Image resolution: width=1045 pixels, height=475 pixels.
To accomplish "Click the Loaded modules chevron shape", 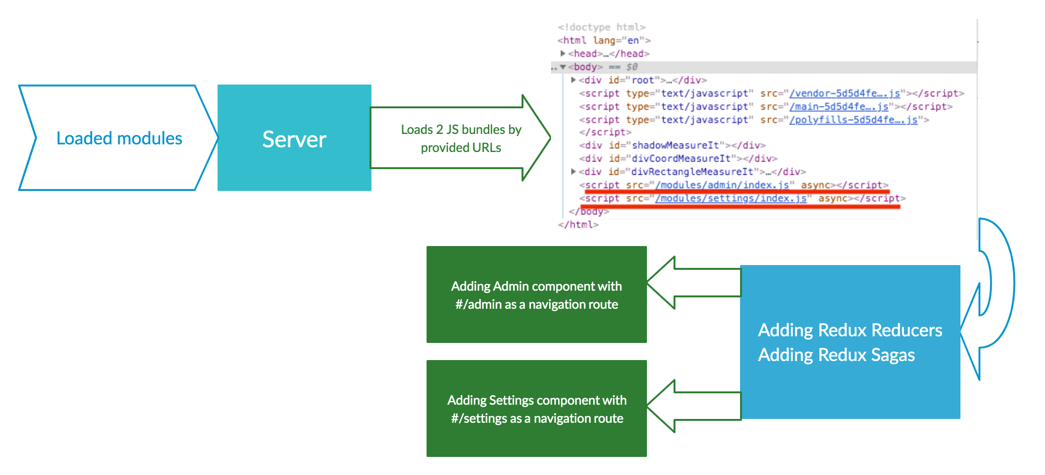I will pyautogui.click(x=119, y=138).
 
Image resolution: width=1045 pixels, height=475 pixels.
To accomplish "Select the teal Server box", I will pyautogui.click(x=294, y=138).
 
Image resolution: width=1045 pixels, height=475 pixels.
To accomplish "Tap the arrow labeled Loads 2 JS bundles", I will pyautogui.click(x=461, y=138).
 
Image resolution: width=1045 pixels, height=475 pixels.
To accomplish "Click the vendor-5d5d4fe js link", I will pyautogui.click(x=844, y=94).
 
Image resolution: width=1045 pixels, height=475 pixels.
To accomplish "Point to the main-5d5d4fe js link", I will pyautogui.click(x=838, y=107).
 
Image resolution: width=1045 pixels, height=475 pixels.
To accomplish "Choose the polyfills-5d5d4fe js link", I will pyautogui.click(x=853, y=120).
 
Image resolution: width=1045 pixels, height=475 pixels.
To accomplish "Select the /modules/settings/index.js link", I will pyautogui.click(x=731, y=198).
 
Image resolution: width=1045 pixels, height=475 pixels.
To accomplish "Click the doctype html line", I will pyautogui.click(x=601, y=27).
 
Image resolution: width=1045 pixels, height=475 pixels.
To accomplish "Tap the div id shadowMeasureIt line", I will pyautogui.click(x=672, y=145).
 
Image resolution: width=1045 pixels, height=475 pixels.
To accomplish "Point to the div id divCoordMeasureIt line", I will pyautogui.click(x=678, y=159).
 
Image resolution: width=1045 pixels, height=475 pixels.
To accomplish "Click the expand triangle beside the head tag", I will pyautogui.click(x=563, y=54).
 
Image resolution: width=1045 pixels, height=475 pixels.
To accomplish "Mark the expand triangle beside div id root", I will pyautogui.click(x=573, y=80).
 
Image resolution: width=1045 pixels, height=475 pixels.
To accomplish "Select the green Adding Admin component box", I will pyautogui.click(x=537, y=294).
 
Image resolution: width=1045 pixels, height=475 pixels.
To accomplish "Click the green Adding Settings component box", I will pyautogui.click(x=537, y=408).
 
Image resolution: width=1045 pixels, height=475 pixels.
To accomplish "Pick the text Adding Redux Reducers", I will pyautogui.click(x=850, y=330).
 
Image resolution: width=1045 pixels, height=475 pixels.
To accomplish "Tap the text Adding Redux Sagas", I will pyautogui.click(x=836, y=355).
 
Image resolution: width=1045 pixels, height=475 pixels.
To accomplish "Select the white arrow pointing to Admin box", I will pyautogui.click(x=693, y=283).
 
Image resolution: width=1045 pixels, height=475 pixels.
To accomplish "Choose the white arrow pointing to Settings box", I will pyautogui.click(x=693, y=406).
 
